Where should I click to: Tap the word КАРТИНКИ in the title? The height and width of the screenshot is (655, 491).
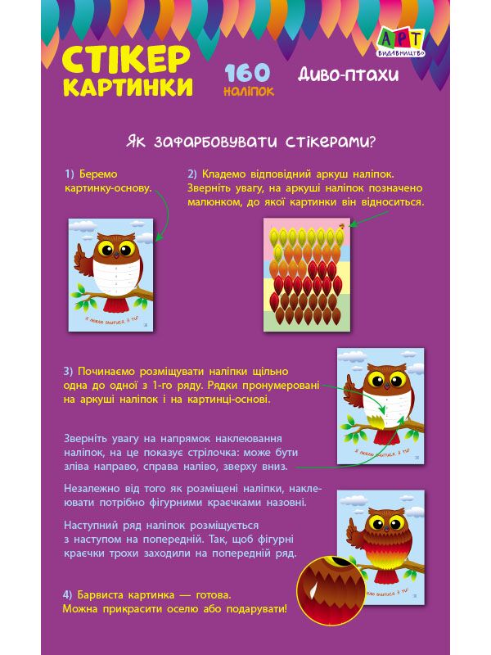(128, 87)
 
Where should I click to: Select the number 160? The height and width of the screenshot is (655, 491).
(248, 73)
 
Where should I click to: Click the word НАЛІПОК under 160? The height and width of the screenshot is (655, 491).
(248, 92)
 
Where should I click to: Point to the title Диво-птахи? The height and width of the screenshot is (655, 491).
(349, 75)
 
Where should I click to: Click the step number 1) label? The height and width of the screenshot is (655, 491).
(70, 174)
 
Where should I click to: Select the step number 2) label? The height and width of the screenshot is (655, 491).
(192, 174)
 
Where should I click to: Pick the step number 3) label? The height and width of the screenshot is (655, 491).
(69, 371)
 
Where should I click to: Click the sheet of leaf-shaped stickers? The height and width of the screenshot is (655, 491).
(306, 275)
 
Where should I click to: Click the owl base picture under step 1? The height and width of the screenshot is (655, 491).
(111, 274)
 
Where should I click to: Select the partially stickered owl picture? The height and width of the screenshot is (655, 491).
(381, 405)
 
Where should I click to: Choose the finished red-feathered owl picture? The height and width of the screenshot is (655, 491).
(381, 547)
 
